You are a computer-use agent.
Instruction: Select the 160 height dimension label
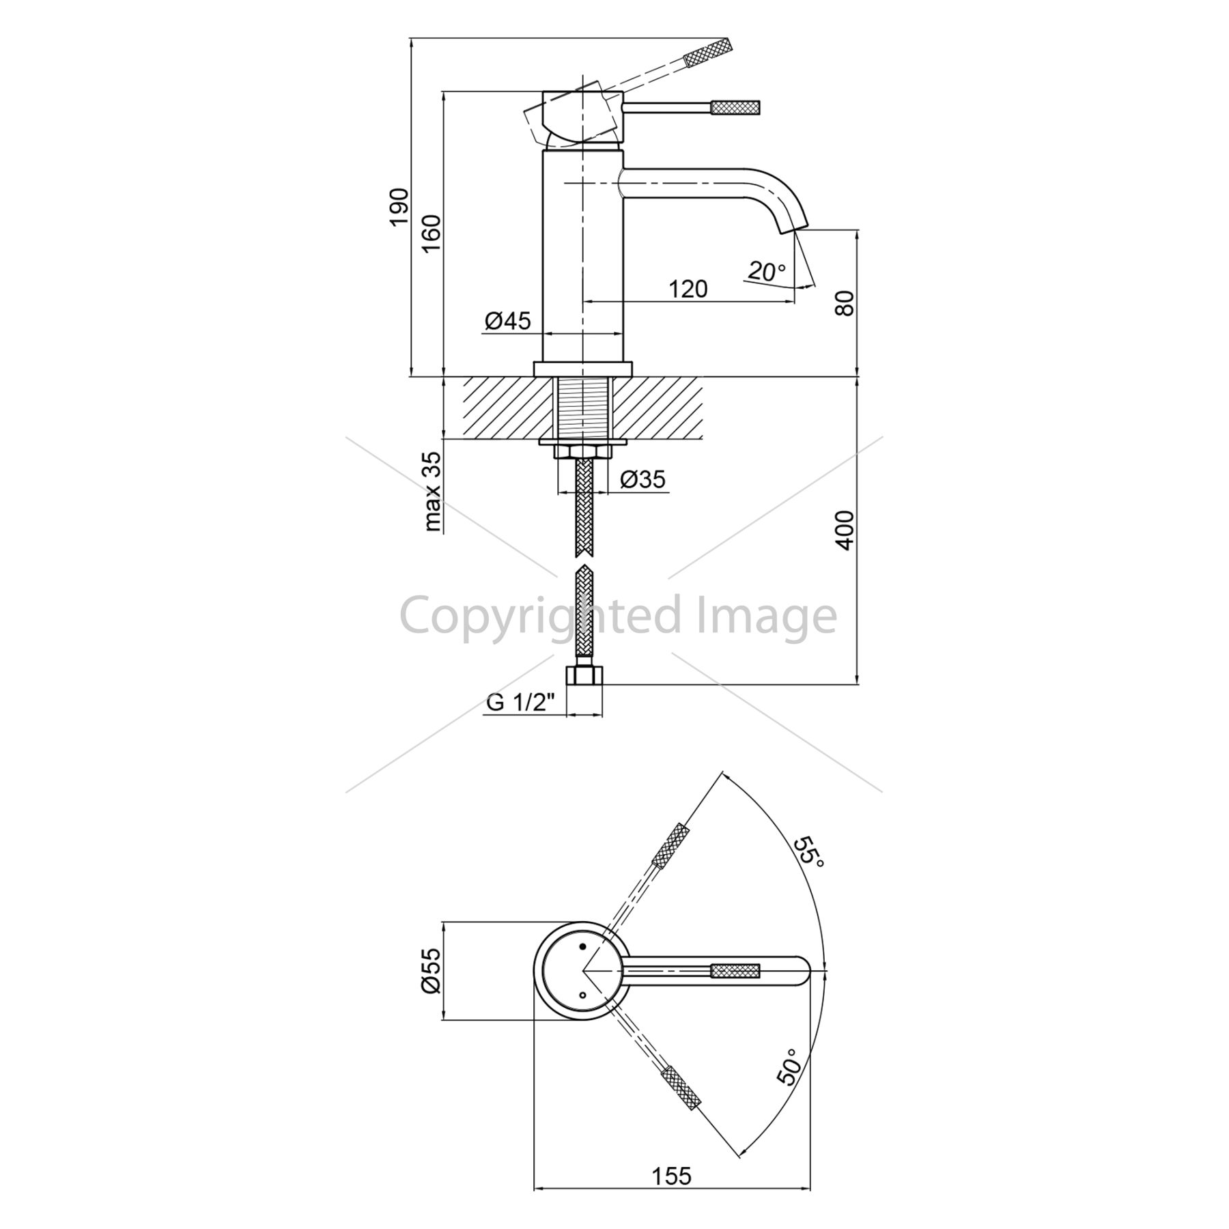pyautogui.click(x=432, y=234)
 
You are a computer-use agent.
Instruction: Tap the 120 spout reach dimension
pyautogui.click(x=688, y=289)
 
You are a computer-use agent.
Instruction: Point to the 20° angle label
pyautogui.click(x=767, y=272)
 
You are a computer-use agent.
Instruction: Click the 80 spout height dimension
pyautogui.click(x=844, y=302)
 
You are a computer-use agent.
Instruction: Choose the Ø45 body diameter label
pyautogui.click(x=508, y=320)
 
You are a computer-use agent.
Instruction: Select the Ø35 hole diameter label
pyautogui.click(x=643, y=479)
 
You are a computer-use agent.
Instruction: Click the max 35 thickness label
pyautogui.click(x=434, y=492)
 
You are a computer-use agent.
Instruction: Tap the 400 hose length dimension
pyautogui.click(x=844, y=530)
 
